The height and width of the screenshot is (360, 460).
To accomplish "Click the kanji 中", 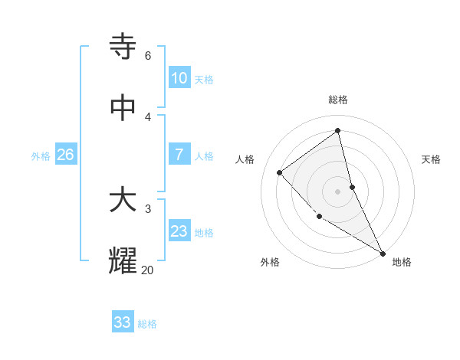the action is [123, 109].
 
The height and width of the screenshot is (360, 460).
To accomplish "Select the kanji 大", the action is [123, 201].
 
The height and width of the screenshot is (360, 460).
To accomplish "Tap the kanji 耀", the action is [123, 261].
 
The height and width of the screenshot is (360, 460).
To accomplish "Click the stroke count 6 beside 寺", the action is [147, 56].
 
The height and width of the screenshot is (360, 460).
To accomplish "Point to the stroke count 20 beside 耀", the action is [147, 270].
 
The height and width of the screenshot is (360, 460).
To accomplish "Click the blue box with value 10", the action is [179, 78].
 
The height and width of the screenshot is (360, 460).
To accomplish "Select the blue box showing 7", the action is [179, 155].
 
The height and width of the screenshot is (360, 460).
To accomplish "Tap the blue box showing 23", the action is [179, 231].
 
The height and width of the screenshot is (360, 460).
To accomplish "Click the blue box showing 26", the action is [65, 155].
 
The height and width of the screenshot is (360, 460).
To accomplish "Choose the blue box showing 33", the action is [123, 322].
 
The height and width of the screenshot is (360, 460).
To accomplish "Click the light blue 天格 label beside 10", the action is [204, 80].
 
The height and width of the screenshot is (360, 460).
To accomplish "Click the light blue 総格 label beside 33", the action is [147, 324].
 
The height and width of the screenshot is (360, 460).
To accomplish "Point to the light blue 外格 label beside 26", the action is [41, 156].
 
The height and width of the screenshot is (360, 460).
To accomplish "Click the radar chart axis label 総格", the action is [338, 100].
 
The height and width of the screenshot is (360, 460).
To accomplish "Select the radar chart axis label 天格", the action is [431, 159].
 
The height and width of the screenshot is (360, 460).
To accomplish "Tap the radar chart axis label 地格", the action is [402, 262].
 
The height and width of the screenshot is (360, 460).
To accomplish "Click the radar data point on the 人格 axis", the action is [280, 172].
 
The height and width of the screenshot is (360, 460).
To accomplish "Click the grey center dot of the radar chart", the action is [338, 191].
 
